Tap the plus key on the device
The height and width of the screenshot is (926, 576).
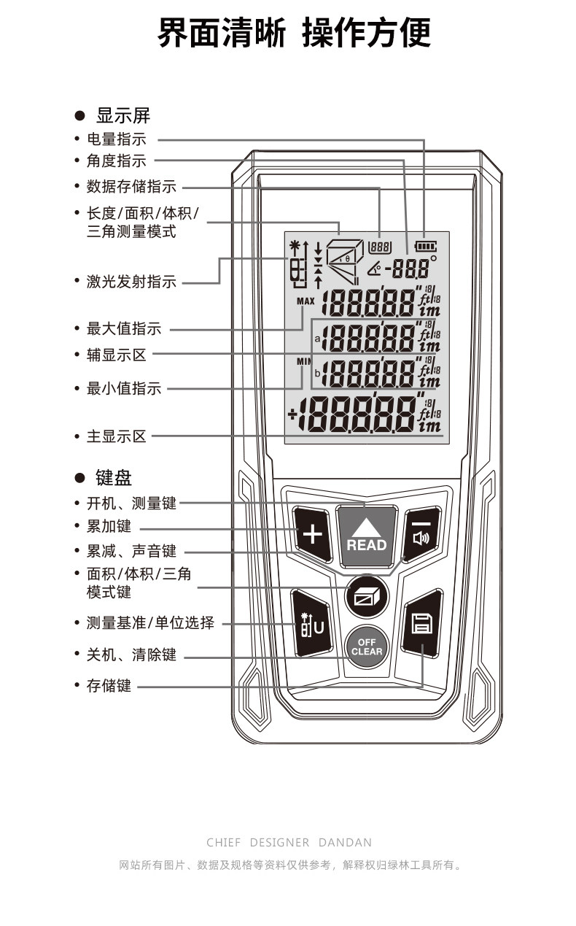[x=312, y=535]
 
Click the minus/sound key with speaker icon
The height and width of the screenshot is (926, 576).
[x=421, y=535]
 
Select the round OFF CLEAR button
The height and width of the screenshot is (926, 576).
[x=366, y=647]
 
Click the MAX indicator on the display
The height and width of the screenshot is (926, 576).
[x=305, y=301]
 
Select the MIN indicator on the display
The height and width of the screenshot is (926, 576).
[x=303, y=361]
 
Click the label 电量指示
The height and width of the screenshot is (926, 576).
[x=116, y=139]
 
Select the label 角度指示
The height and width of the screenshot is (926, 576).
[x=116, y=161]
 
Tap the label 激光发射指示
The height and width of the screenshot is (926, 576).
[x=131, y=282]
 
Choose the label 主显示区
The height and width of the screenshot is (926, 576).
[x=116, y=436]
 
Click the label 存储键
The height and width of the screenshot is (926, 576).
[x=109, y=686]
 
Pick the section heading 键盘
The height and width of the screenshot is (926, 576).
[x=114, y=478]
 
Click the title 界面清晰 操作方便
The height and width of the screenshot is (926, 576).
[x=294, y=33]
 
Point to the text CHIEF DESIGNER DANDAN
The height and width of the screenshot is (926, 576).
[x=289, y=842]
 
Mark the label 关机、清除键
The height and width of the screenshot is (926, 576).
[x=131, y=655]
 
